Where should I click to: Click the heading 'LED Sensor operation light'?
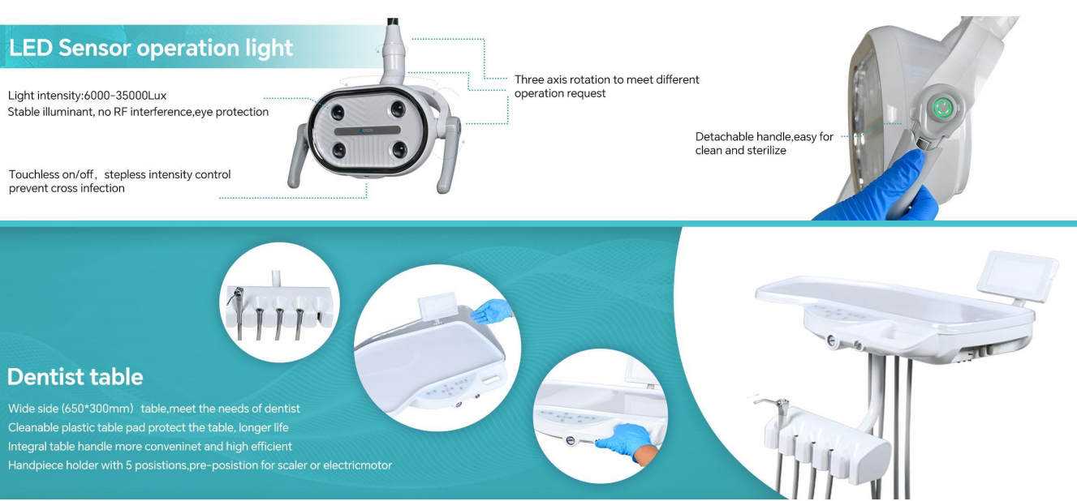(x=150, y=48)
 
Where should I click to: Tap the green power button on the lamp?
(x=942, y=108)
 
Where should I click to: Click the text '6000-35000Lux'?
(x=125, y=96)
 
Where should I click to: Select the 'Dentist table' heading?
(x=75, y=377)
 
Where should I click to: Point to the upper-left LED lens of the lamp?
(x=338, y=113)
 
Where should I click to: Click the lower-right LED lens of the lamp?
(x=399, y=150)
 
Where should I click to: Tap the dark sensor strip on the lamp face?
(x=368, y=131)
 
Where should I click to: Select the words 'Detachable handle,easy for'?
(x=764, y=137)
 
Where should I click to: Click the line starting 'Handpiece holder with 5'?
(x=200, y=465)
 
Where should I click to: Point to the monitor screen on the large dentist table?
(x=1018, y=276)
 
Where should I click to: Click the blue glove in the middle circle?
(x=490, y=311)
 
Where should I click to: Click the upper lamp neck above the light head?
(x=394, y=53)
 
